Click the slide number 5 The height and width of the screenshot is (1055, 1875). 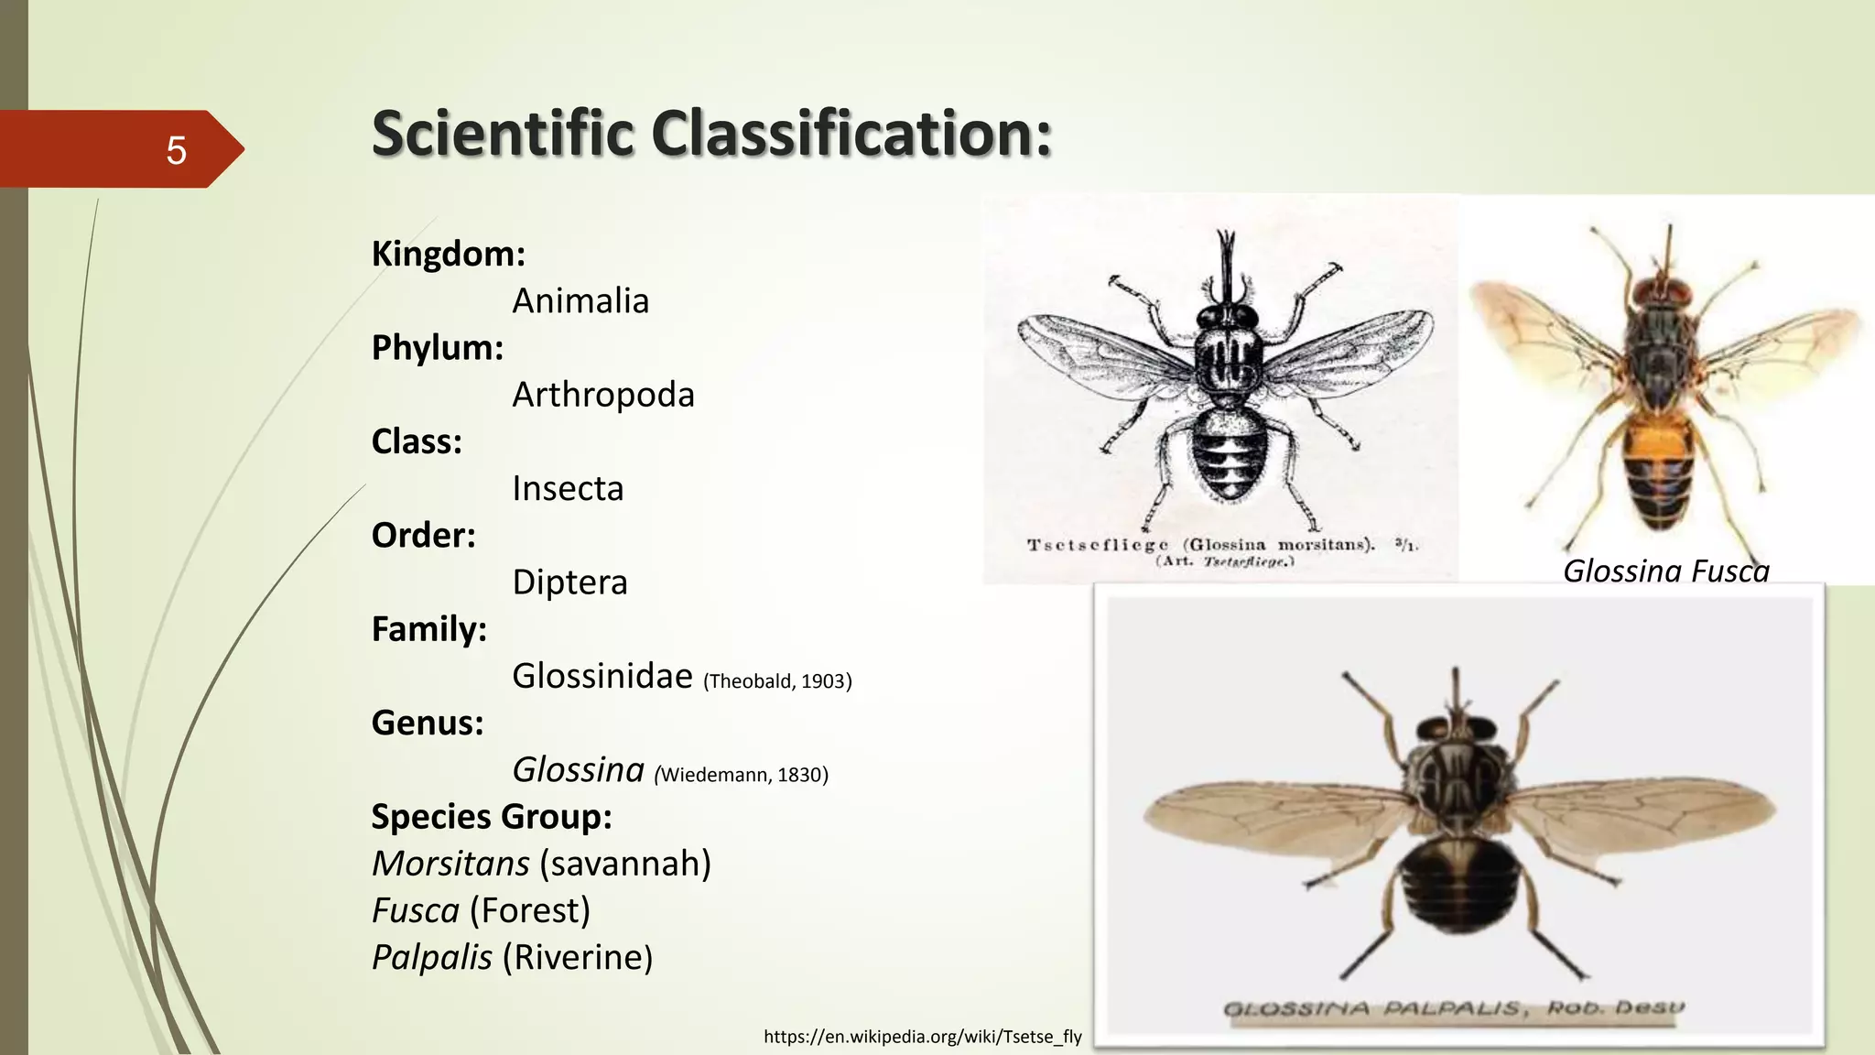point(176,150)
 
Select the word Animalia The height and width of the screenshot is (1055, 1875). point(580,301)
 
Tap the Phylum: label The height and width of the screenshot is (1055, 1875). point(437,348)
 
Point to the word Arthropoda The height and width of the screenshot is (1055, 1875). point(603,396)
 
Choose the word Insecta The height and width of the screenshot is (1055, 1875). point(568,489)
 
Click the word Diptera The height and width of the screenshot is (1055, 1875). point(569,582)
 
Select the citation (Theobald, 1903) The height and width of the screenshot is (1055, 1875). point(777,681)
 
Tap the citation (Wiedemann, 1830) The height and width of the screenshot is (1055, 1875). point(741,775)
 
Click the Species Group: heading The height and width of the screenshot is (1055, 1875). point(491,817)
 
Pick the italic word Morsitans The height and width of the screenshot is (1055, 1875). point(450,864)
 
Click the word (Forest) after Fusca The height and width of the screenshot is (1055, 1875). point(530,910)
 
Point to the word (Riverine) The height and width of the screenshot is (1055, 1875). point(578,958)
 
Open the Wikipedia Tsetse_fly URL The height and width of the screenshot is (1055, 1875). point(922,1037)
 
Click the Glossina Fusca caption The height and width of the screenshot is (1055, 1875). point(1665,571)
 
